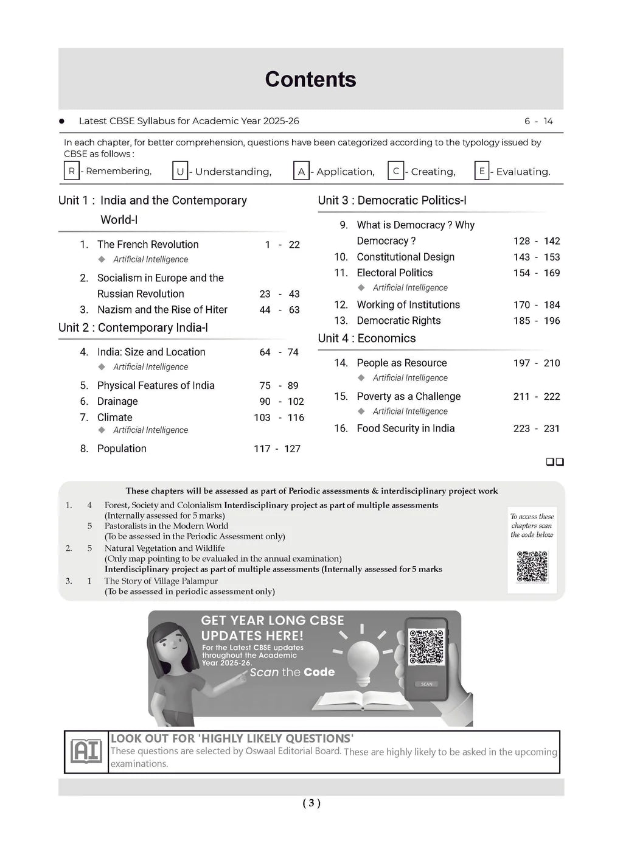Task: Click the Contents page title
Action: pos(310,80)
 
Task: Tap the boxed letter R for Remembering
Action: pos(71,171)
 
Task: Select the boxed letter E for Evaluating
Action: pos(481,171)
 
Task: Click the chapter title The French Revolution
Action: pos(148,245)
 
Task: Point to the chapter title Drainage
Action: pos(117,402)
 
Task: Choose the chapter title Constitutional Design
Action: pos(405,257)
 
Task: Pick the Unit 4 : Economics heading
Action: pos(367,338)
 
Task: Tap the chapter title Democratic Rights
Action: pos(399,321)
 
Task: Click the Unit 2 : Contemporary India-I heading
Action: pos(133,328)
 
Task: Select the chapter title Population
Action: pos(122,449)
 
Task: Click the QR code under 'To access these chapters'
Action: pos(532,567)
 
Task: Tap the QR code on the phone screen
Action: pos(426,647)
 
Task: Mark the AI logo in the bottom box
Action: pos(86,752)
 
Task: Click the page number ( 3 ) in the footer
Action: pos(311,803)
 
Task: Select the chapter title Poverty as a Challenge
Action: pos(408,397)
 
